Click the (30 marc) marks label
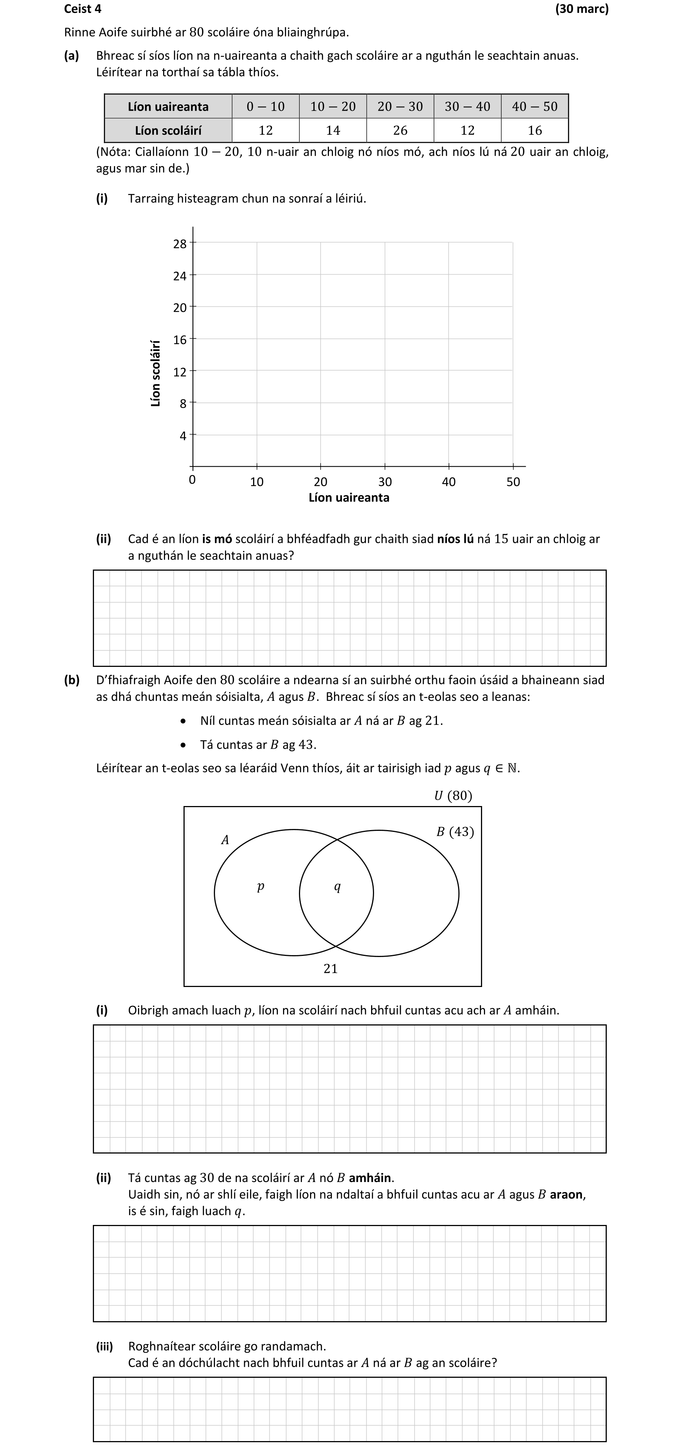[x=582, y=9]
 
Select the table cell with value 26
[x=400, y=130]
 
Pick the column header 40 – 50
[x=534, y=106]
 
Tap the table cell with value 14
[x=333, y=130]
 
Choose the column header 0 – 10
[x=265, y=106]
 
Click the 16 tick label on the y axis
[x=180, y=339]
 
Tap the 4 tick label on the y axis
[x=182, y=435]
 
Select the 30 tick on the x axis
[x=385, y=481]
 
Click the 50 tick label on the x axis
[x=513, y=481]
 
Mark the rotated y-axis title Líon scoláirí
[x=156, y=373]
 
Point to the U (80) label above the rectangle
[x=453, y=795]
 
